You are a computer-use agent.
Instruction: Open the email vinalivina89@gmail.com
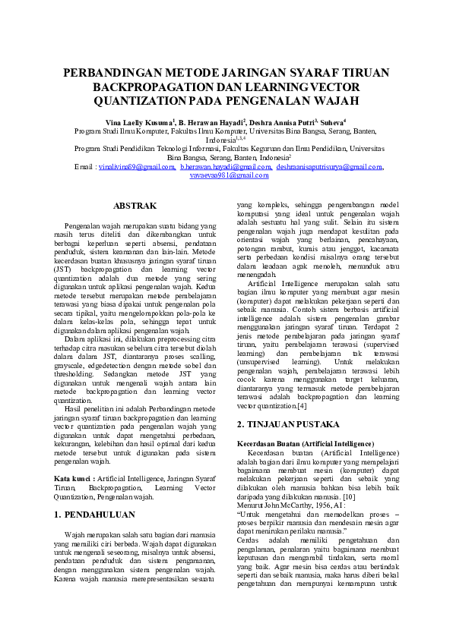tap(135, 166)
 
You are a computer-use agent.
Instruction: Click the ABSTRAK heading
tap(135, 206)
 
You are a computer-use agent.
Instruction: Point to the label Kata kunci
tap(74, 479)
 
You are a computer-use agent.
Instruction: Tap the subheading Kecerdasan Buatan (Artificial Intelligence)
tap(305, 442)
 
